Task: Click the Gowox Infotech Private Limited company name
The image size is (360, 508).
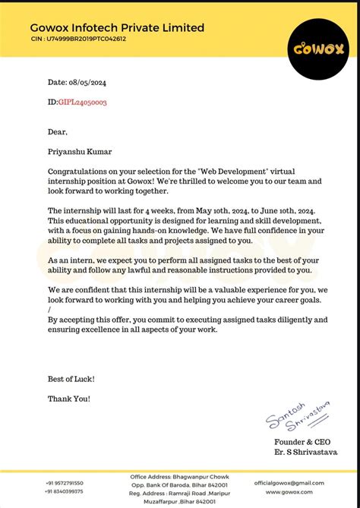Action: (x=118, y=28)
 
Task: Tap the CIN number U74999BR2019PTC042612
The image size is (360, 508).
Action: (x=78, y=39)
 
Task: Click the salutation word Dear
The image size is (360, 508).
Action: (x=58, y=132)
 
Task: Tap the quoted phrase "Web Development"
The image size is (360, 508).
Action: (x=247, y=172)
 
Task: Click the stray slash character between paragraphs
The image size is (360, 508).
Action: (x=49, y=310)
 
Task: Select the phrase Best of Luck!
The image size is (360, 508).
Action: (x=71, y=378)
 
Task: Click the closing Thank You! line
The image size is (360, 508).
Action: (x=69, y=398)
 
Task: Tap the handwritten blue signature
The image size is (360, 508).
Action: (x=297, y=417)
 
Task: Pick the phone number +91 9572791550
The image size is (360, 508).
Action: (x=65, y=483)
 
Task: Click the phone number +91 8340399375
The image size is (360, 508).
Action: (x=65, y=491)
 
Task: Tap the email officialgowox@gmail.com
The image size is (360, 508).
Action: (x=289, y=482)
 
